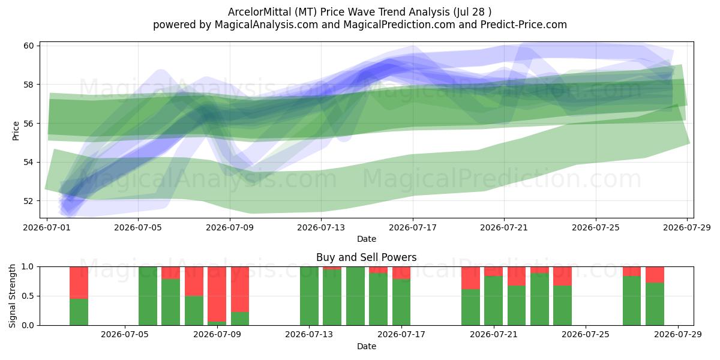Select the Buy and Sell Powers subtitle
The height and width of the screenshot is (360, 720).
coord(366,257)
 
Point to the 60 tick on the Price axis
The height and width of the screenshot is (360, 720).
coord(29,46)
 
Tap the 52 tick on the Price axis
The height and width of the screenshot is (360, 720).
coord(29,201)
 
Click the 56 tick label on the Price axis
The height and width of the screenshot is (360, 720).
coord(29,124)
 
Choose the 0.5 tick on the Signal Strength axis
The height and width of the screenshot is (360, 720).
coord(27,296)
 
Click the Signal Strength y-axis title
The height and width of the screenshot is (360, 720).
coord(12,296)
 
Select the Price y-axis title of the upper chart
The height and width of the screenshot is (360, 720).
coord(16,131)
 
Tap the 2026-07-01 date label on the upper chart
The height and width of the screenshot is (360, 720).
coord(47,227)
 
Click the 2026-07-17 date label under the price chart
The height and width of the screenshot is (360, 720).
coord(413,227)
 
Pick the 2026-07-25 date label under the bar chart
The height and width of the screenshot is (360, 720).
coord(586,335)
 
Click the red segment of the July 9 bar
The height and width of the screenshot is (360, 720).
coord(217,294)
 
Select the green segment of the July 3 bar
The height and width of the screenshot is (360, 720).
coord(79,312)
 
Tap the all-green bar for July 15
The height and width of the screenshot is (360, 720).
coord(355,296)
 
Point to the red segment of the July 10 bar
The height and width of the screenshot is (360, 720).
coord(240,289)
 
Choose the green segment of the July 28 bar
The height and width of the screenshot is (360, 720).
coord(655,304)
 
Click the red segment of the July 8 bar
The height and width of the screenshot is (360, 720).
coord(194,281)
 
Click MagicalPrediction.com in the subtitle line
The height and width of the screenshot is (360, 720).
coord(399,25)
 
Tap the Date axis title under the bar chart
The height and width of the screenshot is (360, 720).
coord(367,346)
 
